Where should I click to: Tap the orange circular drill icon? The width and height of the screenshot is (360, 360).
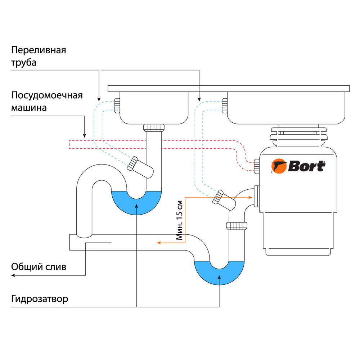(278, 167)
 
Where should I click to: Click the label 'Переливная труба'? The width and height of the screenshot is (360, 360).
(39, 56)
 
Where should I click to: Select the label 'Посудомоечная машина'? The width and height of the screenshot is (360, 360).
(47, 102)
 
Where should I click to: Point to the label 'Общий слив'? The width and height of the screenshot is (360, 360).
(39, 267)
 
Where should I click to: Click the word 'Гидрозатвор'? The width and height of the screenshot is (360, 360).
(40, 299)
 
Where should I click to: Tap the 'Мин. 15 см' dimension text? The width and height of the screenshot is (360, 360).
(180, 220)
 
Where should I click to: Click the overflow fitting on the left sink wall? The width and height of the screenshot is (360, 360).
(117, 105)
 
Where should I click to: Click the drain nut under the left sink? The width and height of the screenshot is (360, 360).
(154, 127)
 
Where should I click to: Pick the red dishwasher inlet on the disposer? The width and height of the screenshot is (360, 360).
(256, 165)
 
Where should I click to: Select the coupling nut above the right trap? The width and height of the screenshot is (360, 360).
(237, 226)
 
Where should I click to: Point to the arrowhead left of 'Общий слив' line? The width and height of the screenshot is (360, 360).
(13, 275)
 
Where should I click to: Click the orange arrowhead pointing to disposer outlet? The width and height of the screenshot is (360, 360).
(249, 197)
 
